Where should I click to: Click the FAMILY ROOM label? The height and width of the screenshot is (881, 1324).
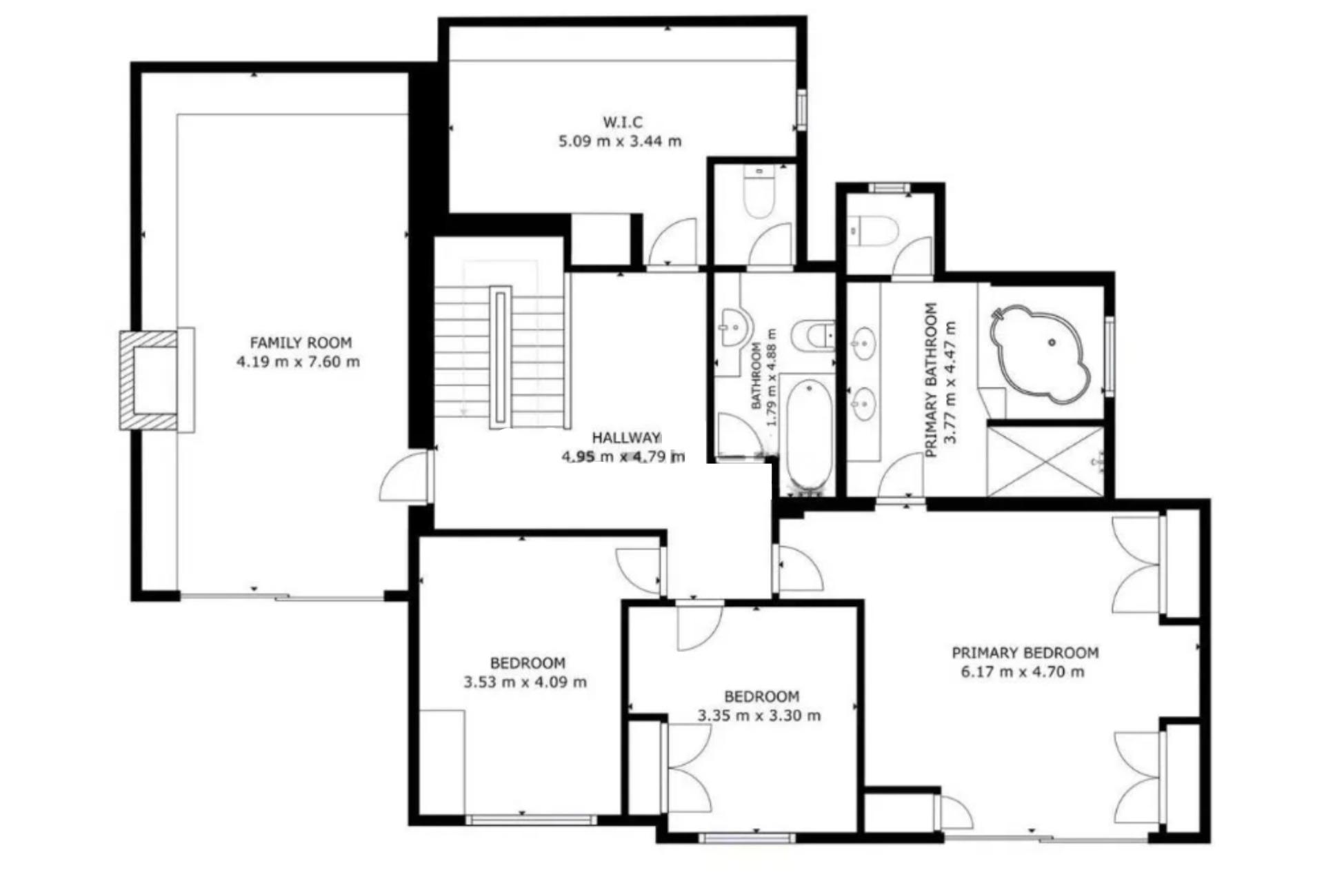pyautogui.click(x=301, y=343)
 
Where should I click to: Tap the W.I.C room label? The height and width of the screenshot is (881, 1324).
pyautogui.click(x=623, y=122)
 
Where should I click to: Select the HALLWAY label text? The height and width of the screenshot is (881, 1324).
pyautogui.click(x=626, y=437)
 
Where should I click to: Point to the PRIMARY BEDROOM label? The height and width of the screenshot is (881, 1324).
pyautogui.click(x=1025, y=652)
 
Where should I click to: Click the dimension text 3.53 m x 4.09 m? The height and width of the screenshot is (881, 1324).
pyautogui.click(x=525, y=682)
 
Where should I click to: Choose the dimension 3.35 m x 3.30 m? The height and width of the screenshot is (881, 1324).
pyautogui.click(x=759, y=716)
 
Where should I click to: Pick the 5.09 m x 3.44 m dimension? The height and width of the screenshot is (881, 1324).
pyautogui.click(x=620, y=141)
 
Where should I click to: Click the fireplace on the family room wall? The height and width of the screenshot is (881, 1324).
pyautogui.click(x=157, y=381)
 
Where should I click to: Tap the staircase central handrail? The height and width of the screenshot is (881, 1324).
pyautogui.click(x=501, y=357)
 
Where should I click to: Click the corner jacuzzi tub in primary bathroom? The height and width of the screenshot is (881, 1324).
pyautogui.click(x=1040, y=356)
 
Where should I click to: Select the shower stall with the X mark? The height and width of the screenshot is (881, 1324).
pyautogui.click(x=1045, y=460)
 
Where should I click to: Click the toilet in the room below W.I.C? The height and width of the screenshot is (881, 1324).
pyautogui.click(x=759, y=193)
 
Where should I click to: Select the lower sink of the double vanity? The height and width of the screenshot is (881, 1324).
pyautogui.click(x=863, y=403)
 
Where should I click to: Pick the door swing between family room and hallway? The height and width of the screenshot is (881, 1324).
pyautogui.click(x=405, y=476)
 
